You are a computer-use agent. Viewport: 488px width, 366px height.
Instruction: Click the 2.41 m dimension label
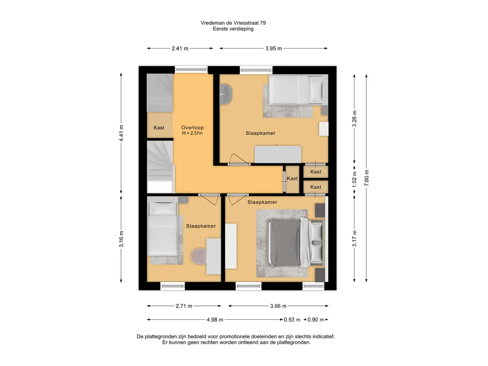[x=180, y=48]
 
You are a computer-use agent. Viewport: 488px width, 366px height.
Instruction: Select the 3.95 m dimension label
[x=274, y=48]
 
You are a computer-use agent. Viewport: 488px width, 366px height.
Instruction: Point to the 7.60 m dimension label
[x=366, y=178]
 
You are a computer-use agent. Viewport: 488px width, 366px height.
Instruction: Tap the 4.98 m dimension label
[x=215, y=320]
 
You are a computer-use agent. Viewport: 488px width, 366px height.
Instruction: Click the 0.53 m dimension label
[x=292, y=320]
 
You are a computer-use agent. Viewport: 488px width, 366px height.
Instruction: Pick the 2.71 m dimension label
[x=184, y=306]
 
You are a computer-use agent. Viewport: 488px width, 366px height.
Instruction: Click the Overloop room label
[x=193, y=128]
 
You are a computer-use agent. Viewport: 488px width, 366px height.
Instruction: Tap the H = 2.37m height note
[x=193, y=133]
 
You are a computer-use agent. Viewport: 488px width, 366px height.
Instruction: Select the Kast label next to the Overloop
[x=159, y=128]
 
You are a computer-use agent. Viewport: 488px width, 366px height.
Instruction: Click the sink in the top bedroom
[x=225, y=94]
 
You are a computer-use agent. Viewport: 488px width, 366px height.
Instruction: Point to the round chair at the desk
[x=199, y=256]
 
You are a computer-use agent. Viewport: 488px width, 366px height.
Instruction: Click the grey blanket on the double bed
[x=285, y=243]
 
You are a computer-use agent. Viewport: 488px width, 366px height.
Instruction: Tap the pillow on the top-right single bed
[x=315, y=89]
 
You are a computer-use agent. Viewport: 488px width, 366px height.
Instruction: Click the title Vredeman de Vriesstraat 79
[x=233, y=23]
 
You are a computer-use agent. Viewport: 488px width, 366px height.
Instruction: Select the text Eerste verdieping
[x=233, y=29]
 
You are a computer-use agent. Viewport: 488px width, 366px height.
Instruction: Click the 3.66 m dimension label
[x=278, y=306]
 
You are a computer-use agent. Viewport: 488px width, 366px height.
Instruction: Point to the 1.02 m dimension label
[x=354, y=180]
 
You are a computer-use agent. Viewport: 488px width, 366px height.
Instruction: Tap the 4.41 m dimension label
[x=121, y=133]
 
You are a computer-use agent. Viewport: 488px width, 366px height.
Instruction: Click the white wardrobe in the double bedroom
[x=231, y=246]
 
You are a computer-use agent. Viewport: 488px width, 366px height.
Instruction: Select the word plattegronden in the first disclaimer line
[x=162, y=336]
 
